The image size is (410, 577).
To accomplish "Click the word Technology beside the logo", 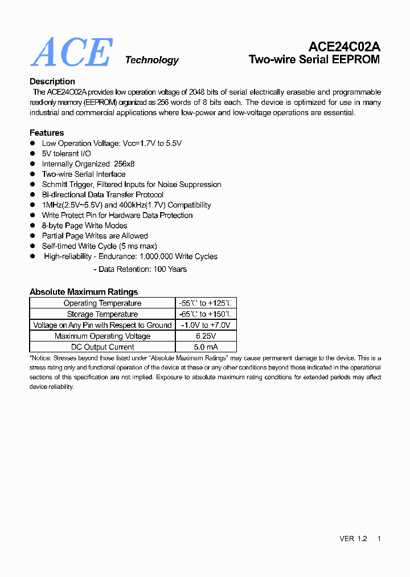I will tap(151, 60).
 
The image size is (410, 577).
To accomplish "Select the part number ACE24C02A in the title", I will tap(344, 47).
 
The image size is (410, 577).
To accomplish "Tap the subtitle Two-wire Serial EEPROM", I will tap(314, 59).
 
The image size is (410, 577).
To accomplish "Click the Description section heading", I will tap(52, 82).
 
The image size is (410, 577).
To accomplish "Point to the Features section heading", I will tap(47, 133).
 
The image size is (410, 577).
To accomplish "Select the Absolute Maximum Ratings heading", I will tap(84, 292).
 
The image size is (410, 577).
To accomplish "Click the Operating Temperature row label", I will tap(102, 303).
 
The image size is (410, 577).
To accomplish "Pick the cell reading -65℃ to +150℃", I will tap(206, 314).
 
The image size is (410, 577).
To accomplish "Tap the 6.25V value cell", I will tap(206, 336).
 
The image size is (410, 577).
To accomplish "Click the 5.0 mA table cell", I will tap(206, 347).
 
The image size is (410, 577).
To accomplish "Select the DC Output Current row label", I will tap(102, 347).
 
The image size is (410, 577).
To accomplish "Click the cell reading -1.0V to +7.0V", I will tap(206, 325).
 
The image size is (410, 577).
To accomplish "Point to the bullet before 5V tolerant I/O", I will tap(33, 154).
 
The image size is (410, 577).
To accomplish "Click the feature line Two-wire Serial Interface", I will tap(84, 174).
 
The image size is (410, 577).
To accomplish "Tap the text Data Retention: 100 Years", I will tap(142, 269).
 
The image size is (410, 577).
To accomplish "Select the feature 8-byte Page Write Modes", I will tap(85, 226).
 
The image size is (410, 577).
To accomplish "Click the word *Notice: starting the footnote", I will tap(40, 358).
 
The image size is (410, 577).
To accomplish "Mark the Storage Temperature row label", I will tap(102, 314).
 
